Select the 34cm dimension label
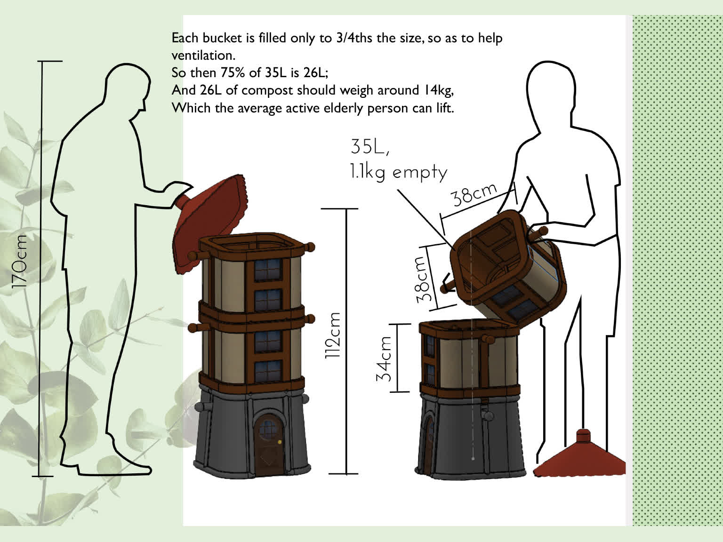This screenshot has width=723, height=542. [384, 359]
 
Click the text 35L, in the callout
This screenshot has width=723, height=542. [370, 147]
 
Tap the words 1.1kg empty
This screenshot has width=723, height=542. [398, 173]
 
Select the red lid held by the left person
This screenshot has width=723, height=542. [209, 223]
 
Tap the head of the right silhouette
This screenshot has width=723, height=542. [550, 89]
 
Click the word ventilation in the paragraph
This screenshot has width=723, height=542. [202, 56]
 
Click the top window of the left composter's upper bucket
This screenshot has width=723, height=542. [268, 269]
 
